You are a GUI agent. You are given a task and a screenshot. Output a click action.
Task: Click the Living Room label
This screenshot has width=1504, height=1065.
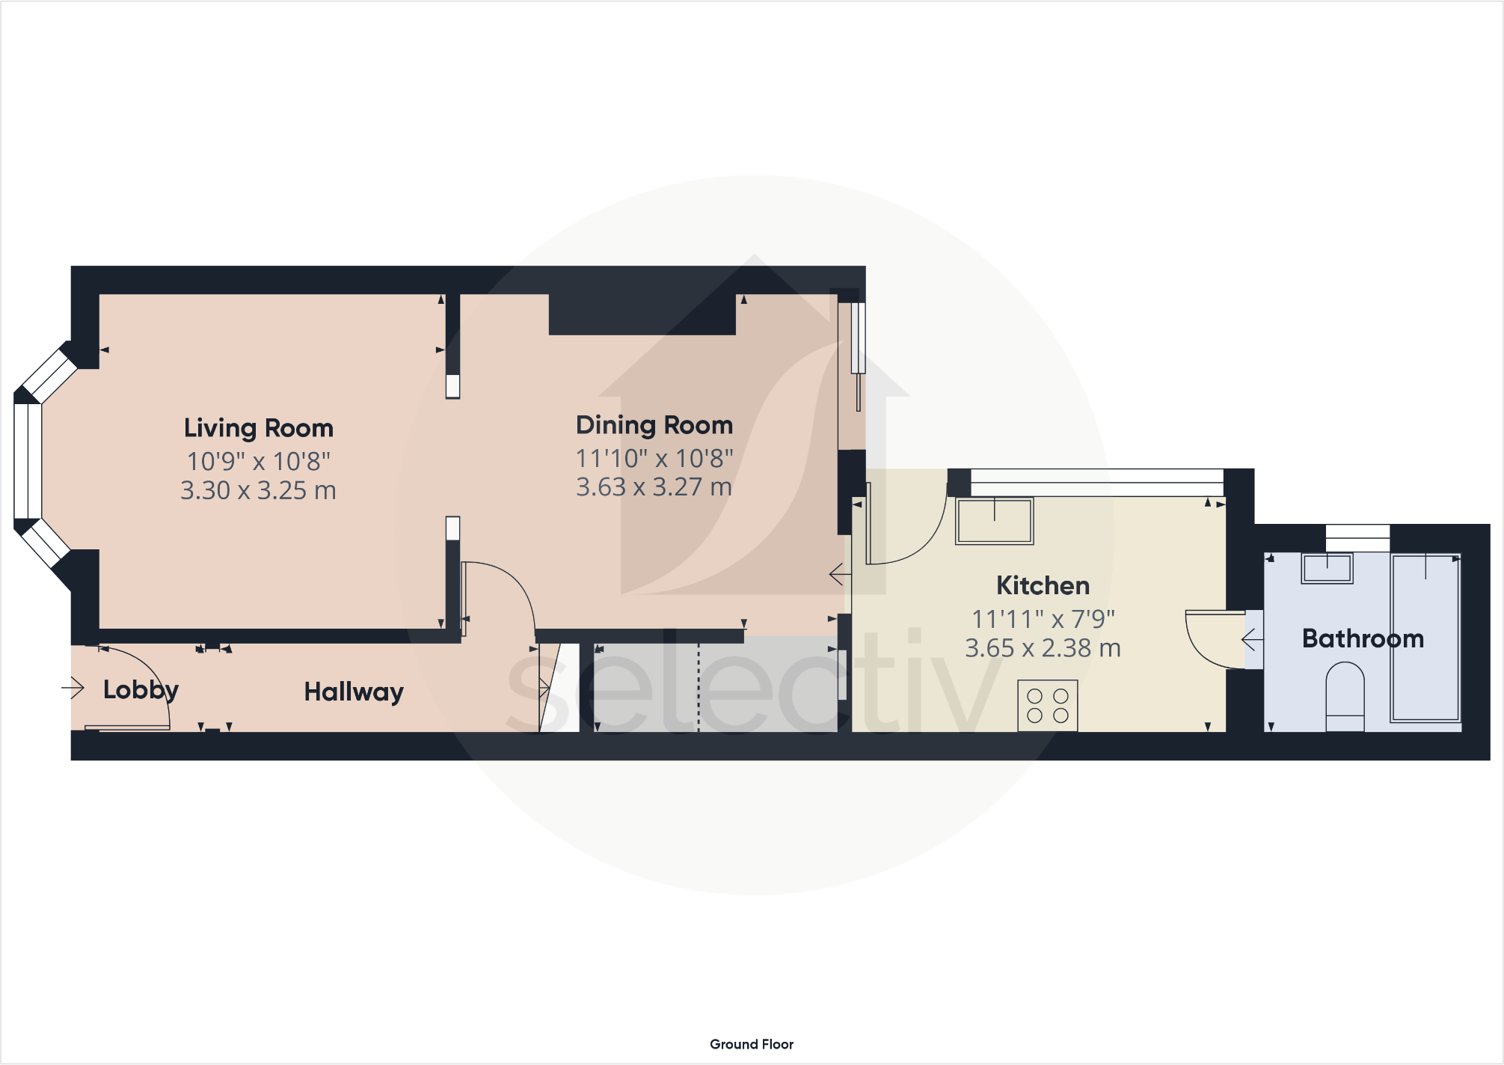coord(259,428)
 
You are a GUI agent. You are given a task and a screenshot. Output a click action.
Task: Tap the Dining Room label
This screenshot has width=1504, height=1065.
coord(654,425)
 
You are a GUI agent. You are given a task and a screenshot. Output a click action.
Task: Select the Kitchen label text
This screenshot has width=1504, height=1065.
coord(1043,585)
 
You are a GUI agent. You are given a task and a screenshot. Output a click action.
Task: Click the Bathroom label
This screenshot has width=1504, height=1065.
coord(1363,638)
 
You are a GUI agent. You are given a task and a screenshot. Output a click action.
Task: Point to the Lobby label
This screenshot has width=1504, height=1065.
coord(141,689)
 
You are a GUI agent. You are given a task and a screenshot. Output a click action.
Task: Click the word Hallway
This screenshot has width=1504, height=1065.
coord(354,692)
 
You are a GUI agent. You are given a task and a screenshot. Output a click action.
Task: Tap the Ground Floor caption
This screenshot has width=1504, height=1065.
coord(751,1044)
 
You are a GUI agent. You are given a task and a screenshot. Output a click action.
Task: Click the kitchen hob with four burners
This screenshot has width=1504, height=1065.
coord(1047,705)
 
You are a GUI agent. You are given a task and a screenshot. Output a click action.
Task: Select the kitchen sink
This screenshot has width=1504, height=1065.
coord(994,521)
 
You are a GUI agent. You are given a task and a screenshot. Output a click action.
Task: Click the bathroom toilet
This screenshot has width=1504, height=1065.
coord(1345,696)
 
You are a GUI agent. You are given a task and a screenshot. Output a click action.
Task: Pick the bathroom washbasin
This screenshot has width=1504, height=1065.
coord(1327,569)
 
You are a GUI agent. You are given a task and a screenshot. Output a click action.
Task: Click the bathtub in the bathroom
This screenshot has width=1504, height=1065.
coord(1425,638)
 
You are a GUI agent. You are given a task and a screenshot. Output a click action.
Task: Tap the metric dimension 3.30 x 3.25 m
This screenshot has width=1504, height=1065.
coord(258,490)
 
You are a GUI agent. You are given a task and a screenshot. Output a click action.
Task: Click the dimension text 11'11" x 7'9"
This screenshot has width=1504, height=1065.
coord(1043,619)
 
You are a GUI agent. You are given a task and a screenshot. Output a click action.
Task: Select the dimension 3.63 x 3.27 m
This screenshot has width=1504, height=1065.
coord(654,487)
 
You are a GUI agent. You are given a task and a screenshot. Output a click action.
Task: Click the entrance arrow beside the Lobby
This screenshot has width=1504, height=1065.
coord(73,687)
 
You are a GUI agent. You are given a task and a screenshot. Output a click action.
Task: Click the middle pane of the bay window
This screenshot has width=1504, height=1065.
coord(28,460)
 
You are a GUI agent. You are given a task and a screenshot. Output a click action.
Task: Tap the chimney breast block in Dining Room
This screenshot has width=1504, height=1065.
coord(642,314)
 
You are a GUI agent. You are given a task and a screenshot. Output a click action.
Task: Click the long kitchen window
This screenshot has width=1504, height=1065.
coord(1096,482)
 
